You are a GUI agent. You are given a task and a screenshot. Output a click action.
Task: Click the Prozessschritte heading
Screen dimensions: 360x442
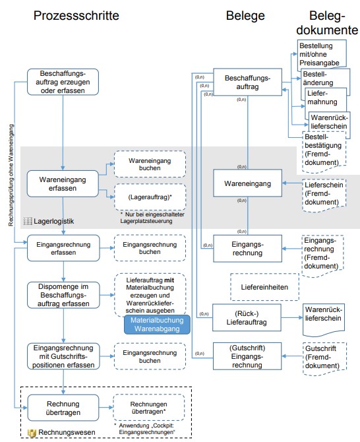tap(76, 16)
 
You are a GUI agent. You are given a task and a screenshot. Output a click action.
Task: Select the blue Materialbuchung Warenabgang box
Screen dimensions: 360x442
tap(157, 325)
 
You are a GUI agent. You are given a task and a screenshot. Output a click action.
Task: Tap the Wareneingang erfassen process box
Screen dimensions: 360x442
tap(63, 183)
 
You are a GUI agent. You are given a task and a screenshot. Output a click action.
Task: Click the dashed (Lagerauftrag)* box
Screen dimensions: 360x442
tap(150, 197)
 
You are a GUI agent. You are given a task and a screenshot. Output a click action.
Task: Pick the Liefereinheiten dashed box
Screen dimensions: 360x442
tap(264, 287)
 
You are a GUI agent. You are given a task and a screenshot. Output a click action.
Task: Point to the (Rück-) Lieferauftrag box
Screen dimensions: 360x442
tap(247, 317)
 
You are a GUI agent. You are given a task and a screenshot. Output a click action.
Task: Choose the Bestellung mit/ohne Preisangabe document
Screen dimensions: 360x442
tap(321, 55)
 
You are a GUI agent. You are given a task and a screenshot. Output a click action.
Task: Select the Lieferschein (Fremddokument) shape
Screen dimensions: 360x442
tap(324, 195)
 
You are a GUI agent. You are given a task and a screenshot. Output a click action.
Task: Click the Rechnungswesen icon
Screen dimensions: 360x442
tap(32, 433)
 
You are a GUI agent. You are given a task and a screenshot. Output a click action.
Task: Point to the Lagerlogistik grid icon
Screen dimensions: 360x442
tap(28, 221)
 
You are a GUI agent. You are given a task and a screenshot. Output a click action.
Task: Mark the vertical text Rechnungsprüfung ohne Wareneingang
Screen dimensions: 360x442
tap(11, 175)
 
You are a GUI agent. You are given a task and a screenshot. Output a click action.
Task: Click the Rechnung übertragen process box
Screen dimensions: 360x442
tap(63, 408)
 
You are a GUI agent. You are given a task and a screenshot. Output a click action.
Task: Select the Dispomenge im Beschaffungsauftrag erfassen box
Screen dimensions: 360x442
tap(63, 295)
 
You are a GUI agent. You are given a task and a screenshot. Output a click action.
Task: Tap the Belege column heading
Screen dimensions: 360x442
tap(245, 16)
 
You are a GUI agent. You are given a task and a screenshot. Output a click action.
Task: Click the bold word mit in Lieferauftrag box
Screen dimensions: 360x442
tap(169, 280)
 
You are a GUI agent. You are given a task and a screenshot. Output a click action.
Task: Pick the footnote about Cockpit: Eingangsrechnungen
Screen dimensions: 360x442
tap(144, 429)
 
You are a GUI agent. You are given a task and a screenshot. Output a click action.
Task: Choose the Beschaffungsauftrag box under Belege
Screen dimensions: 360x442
tap(248, 82)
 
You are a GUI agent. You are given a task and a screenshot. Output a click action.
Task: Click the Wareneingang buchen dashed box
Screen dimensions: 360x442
tap(150, 164)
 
